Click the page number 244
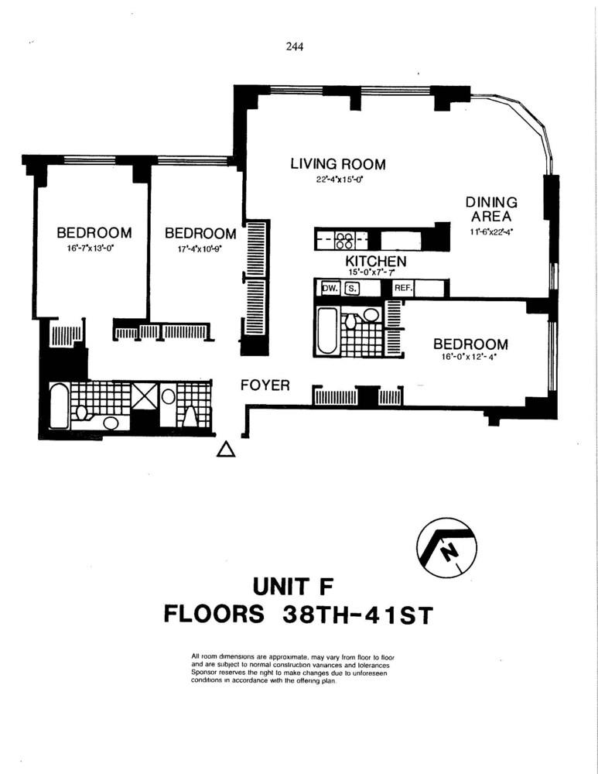pyautogui.click(x=294, y=46)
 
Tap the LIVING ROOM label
pyautogui.click(x=337, y=164)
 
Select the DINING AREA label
pyautogui.click(x=491, y=209)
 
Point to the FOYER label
pyautogui.click(x=265, y=385)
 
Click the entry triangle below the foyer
pyautogui.click(x=225, y=449)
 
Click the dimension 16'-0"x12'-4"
pyautogui.click(x=470, y=360)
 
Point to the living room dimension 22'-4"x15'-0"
pyautogui.click(x=337, y=180)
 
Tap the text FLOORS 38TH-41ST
pyautogui.click(x=298, y=615)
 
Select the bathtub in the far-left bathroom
pyautogui.click(x=60, y=406)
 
